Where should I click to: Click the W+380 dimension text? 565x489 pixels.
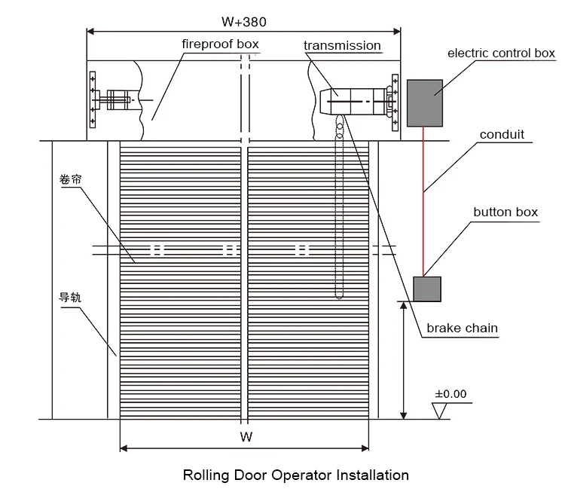pos(244,22)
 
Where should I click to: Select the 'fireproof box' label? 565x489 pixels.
pos(220,44)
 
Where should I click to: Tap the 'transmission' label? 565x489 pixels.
pos(342,45)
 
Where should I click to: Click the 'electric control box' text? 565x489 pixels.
pos(501,53)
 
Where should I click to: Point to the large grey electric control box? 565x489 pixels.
pos(425,103)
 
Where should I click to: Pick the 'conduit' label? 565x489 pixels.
pos(502,134)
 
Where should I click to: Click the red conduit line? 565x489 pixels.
pos(423,202)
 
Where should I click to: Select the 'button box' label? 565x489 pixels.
pos(505,212)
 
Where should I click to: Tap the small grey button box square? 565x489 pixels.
pos(427,289)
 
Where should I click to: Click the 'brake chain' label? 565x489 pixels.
pos(463,328)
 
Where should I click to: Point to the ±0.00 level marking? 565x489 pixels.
pos(450,393)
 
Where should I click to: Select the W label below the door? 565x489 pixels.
pos(246,437)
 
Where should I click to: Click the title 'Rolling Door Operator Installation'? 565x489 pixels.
pos(296,475)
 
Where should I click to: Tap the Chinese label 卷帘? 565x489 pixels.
pos(71,179)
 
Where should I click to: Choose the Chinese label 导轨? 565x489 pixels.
pos(70,298)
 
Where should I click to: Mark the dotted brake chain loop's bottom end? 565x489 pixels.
pos(339,298)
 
